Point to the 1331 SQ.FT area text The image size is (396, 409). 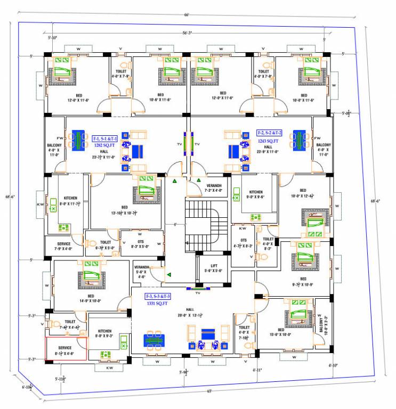(158, 302)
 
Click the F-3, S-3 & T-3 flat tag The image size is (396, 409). (158, 296)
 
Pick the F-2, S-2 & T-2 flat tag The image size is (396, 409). (269, 133)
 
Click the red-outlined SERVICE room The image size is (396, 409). (65, 349)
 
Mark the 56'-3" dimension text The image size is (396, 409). (188, 33)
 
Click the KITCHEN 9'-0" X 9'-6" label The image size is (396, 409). (256, 194)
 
